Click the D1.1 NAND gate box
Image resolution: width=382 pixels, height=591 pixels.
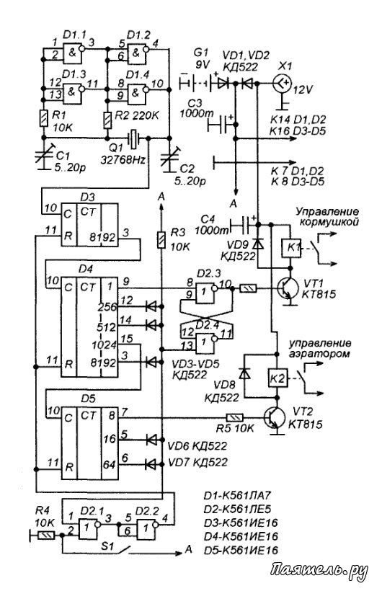click(72, 53)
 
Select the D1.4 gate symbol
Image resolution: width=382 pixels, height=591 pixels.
click(136, 92)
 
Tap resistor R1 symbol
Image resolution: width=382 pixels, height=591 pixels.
click(44, 118)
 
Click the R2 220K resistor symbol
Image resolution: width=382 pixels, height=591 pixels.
click(107, 120)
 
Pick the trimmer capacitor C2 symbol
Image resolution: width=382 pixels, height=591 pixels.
click(169, 157)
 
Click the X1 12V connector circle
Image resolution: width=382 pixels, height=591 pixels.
click(283, 83)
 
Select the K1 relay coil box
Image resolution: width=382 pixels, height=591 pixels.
click(290, 249)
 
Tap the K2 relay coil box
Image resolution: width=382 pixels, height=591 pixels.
click(278, 378)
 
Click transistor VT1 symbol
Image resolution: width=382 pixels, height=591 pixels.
click(287, 289)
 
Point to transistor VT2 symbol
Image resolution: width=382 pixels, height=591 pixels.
click(275, 418)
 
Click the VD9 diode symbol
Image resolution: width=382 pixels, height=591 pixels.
click(258, 244)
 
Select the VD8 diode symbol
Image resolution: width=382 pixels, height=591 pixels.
click(245, 374)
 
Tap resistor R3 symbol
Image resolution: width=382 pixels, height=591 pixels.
click(161, 240)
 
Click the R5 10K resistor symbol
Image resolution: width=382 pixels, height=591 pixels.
click(234, 417)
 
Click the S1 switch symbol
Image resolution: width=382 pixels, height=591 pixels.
click(120, 551)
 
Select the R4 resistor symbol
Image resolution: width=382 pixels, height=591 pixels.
click(45, 536)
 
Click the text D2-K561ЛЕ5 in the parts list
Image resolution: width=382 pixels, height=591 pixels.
click(238, 509)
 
